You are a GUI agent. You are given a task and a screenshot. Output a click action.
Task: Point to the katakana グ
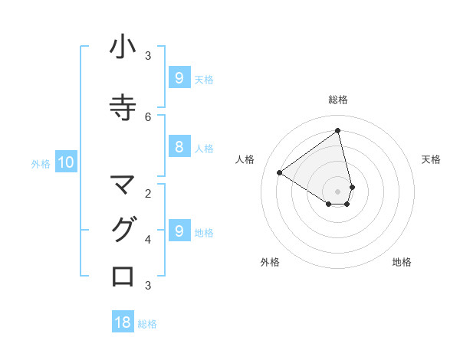tap(123, 230)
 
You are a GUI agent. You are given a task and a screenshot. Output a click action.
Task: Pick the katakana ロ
tap(123, 276)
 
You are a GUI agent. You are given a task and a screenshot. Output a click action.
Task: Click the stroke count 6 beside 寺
tap(148, 116)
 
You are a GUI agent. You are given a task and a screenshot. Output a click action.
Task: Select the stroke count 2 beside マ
tap(148, 193)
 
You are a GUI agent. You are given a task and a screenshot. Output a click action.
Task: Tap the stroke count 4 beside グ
tap(148, 239)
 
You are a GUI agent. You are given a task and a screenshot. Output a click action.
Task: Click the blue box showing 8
tap(179, 148)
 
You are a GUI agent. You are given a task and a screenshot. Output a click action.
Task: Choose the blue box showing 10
tap(65, 162)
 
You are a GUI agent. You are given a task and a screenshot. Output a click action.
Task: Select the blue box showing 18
tap(123, 322)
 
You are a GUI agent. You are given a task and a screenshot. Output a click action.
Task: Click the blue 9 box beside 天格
tap(179, 78)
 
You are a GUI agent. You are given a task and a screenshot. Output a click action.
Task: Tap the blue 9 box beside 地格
tap(179, 231)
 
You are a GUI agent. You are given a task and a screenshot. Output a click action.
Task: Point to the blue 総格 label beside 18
tap(147, 324)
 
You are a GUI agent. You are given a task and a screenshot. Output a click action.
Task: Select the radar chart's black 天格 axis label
tap(431, 159)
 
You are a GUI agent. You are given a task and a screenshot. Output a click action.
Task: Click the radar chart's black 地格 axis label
tap(402, 262)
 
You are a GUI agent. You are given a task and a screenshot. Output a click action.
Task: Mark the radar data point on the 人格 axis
tap(279, 172)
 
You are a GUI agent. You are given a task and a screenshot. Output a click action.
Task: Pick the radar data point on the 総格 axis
tap(338, 131)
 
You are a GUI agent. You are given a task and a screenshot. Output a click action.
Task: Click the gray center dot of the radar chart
tap(338, 191)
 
